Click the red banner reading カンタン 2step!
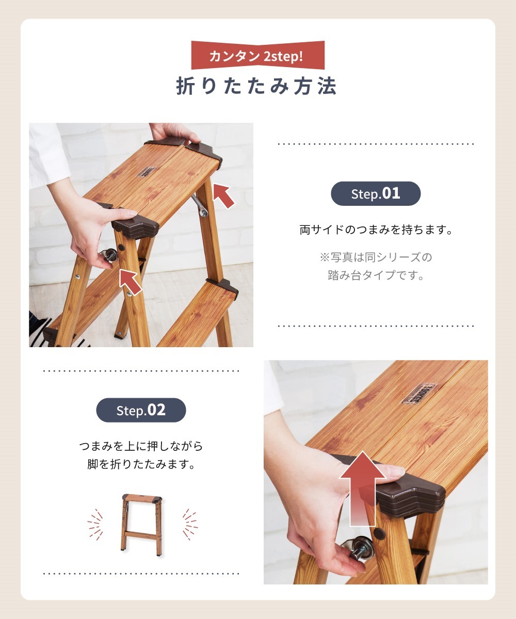pyautogui.click(x=257, y=56)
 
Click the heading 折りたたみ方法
pyautogui.click(x=256, y=86)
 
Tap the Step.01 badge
pyautogui.click(x=375, y=193)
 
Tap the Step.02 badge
pyautogui.click(x=141, y=410)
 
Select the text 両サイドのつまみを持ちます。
pyautogui.click(x=376, y=230)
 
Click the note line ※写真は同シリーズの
pyautogui.click(x=376, y=256)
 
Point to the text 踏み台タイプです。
pyautogui.click(x=376, y=275)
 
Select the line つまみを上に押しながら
pyautogui.click(x=141, y=446)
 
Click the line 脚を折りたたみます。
pyautogui.click(x=141, y=464)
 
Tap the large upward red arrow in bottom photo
pyautogui.click(x=364, y=487)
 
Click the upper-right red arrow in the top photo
pyautogui.click(x=223, y=196)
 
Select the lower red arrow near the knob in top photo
pyautogui.click(x=130, y=281)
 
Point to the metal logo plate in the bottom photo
pyautogui.click(x=418, y=393)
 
